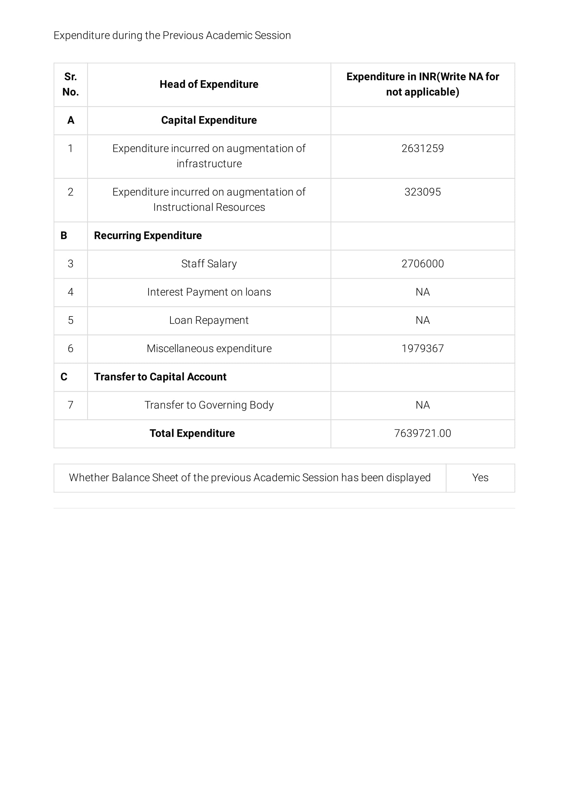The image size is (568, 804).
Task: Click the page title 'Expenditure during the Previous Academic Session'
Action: point(172,35)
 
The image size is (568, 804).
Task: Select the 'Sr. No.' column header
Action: point(70,84)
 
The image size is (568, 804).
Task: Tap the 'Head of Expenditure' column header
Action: point(209,84)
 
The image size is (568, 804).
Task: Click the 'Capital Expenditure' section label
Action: point(209,120)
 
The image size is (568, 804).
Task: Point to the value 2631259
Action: point(423,148)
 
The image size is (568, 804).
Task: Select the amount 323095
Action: point(423,192)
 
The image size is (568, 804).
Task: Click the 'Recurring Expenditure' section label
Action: point(148,236)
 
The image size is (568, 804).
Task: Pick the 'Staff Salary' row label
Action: point(209,264)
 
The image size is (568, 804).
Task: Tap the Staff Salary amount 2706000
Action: point(423,264)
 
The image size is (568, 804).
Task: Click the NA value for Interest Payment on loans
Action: point(423,292)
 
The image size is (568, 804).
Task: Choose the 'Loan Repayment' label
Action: point(209,320)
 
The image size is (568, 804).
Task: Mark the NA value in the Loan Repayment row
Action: point(423,320)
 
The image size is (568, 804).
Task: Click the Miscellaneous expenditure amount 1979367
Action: point(423,348)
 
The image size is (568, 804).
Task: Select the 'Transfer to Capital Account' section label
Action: point(160,377)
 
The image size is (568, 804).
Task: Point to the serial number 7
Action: point(70,405)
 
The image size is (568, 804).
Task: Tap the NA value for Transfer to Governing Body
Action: point(423,405)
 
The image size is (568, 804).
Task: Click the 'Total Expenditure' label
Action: point(192,434)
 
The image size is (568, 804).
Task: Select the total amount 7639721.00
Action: point(423,434)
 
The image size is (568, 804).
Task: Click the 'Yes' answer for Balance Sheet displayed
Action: point(480,478)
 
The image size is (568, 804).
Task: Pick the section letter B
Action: point(64,236)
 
